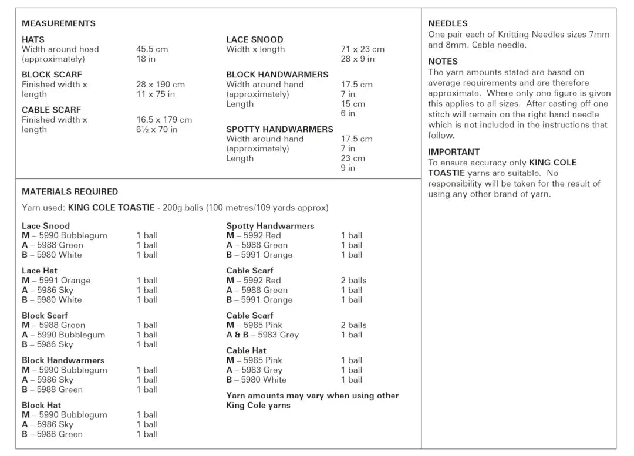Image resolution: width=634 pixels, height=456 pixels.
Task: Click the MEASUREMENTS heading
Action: (x=58, y=23)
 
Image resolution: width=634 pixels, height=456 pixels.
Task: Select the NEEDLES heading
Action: (x=447, y=23)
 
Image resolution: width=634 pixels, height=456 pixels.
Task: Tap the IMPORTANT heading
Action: (x=454, y=152)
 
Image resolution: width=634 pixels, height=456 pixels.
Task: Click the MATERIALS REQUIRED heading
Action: (x=69, y=191)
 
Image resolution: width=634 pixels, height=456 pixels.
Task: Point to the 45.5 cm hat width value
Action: (x=152, y=49)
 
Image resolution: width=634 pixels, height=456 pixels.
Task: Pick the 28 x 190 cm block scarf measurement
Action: (x=160, y=85)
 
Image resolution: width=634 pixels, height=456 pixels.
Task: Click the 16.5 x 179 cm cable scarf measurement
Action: (x=164, y=120)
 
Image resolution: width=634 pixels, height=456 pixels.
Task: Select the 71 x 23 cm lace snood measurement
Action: (x=362, y=49)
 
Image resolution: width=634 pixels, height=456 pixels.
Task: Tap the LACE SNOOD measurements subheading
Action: (x=254, y=40)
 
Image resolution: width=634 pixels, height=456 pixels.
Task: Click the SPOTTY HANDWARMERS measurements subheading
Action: (x=279, y=129)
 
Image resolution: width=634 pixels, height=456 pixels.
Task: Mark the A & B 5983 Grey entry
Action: (x=262, y=335)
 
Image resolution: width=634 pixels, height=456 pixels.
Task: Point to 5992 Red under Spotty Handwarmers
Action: (x=254, y=235)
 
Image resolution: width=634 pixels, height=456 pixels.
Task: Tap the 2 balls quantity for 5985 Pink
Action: (x=353, y=325)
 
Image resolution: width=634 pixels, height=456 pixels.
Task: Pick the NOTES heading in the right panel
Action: (x=443, y=61)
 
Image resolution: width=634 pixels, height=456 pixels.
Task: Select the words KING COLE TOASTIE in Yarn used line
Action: (x=111, y=208)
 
